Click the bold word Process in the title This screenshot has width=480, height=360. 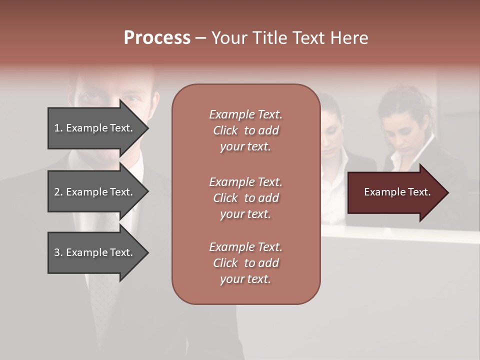(x=157, y=38)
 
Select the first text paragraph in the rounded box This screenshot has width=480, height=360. (x=245, y=130)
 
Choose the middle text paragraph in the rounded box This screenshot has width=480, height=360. (x=245, y=198)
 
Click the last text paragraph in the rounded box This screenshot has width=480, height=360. (x=245, y=263)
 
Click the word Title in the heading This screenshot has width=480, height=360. (x=270, y=38)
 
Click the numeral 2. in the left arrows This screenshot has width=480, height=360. (x=58, y=192)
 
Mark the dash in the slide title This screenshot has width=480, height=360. (x=200, y=38)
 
